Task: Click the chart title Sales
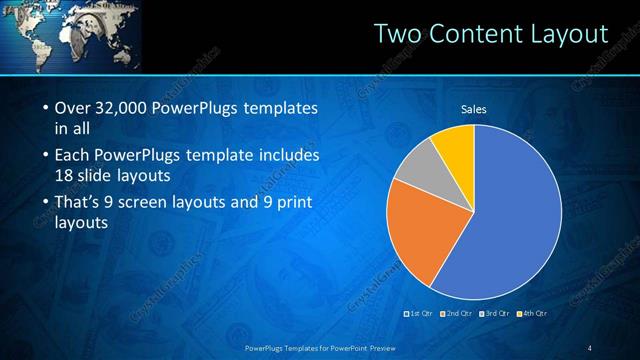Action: [x=474, y=109]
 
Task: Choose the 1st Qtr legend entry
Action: [x=418, y=314]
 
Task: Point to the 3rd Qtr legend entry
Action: [x=497, y=314]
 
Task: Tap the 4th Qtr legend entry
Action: [x=535, y=314]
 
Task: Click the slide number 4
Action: [x=589, y=347]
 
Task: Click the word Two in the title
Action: [x=395, y=34]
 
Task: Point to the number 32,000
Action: [x=125, y=108]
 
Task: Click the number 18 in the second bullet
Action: [x=65, y=175]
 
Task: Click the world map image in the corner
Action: [x=70, y=36]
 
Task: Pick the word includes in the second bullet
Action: [x=288, y=156]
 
